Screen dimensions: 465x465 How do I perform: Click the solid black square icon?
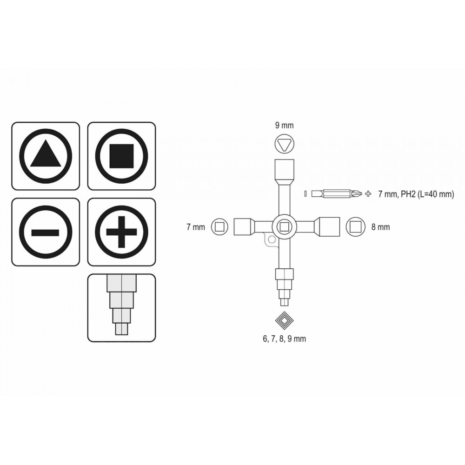pos(121,156)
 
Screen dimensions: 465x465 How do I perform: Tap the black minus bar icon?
pos(46,232)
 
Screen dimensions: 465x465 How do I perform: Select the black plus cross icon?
pos(121,232)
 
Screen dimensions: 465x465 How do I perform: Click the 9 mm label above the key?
pos(285,126)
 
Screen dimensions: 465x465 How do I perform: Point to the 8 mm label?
pos(380,227)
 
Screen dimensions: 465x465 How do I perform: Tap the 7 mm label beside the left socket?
pos(196,227)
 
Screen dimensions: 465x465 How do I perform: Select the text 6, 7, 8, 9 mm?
pos(285,339)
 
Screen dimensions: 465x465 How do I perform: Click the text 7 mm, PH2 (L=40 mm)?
pos(416,194)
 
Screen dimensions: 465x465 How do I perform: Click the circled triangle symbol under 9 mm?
pos(285,144)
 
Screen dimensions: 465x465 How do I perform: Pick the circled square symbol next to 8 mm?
pos(356,227)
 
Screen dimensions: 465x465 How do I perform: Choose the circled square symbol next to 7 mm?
pos(220,227)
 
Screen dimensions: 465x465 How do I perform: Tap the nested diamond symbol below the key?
pos(285,321)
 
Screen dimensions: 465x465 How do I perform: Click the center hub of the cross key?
pos(285,227)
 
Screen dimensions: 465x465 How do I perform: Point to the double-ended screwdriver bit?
pos(337,194)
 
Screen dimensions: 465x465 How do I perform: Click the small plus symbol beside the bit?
pos(368,194)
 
